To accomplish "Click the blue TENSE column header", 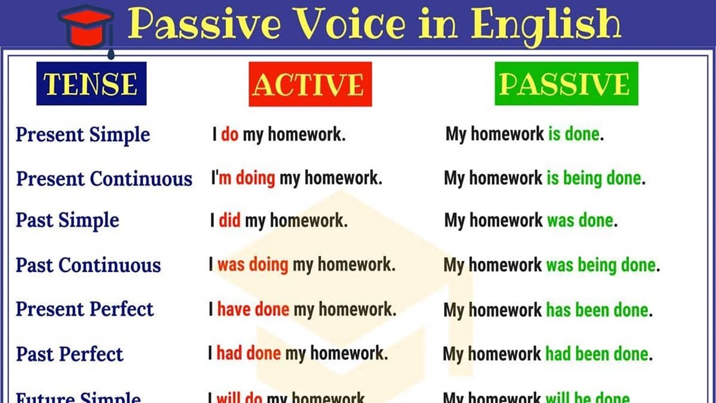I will [91, 84].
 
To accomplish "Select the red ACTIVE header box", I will [310, 85].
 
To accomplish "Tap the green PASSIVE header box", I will [566, 84].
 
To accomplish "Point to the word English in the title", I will [545, 25].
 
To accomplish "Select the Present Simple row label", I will [83, 135].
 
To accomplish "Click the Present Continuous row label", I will [104, 179].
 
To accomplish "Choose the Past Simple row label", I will [67, 221].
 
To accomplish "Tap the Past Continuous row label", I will [88, 265].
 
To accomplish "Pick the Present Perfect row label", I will [84, 310].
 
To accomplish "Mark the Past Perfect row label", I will [69, 354].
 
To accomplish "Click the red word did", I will [229, 221].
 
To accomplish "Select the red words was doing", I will [253, 265].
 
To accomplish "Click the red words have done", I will [253, 310].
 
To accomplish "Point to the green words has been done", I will [597, 310].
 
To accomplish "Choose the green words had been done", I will [597, 354].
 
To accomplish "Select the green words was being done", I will [601, 265].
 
